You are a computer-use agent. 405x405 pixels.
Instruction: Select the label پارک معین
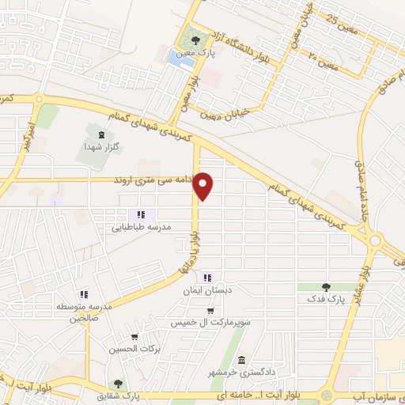pos(202,52)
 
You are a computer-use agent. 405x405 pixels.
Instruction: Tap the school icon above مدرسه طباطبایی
pos(141,214)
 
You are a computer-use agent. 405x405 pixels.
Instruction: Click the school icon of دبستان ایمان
pos(208,278)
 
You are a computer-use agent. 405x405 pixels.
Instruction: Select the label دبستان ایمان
pos(208,291)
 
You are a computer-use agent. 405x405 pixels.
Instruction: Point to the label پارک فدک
pos(326,301)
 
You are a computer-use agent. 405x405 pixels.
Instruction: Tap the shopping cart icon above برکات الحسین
pos(134,335)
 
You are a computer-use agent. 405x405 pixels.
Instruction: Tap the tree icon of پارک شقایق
pos(118,384)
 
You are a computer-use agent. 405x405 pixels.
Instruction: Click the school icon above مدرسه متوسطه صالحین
pos(82,294)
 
